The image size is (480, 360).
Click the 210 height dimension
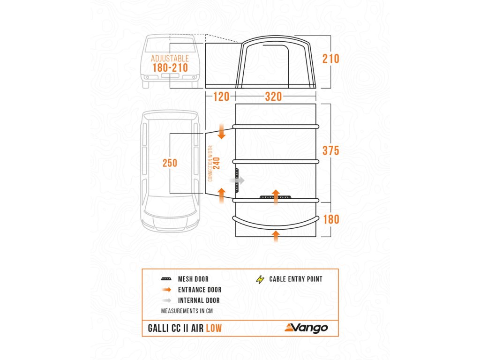tap(330, 59)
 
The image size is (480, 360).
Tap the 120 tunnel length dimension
tap(221, 97)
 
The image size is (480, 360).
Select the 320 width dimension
tap(273, 97)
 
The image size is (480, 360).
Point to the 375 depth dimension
tap(330, 150)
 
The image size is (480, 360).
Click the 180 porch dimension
tap(330, 219)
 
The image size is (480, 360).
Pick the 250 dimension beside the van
tap(170, 163)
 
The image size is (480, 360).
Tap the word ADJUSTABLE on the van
tap(170, 59)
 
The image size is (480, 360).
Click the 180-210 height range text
tap(170, 68)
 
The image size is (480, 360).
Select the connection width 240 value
tap(217, 163)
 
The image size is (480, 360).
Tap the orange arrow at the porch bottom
tap(276, 235)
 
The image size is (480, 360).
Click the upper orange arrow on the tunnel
tap(222, 133)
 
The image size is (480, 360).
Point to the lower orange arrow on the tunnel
tap(222, 194)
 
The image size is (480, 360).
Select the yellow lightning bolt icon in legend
tap(260, 279)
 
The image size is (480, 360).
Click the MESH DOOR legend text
tap(193, 279)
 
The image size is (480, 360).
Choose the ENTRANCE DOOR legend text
tap(199, 290)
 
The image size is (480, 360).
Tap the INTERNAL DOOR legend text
tap(199, 300)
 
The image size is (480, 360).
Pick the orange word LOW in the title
tap(213, 329)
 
